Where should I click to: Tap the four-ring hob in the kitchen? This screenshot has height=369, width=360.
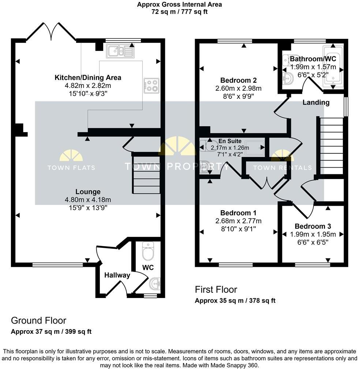coord(151,86)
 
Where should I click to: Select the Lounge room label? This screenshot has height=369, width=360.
coord(88,191)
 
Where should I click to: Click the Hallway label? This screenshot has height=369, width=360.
coord(117,275)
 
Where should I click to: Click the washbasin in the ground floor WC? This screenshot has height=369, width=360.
coord(155,283)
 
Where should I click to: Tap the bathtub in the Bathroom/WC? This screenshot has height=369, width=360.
coord(333,67)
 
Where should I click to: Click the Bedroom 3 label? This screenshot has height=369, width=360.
coord(313,226)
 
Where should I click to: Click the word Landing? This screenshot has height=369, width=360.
coord(316,102)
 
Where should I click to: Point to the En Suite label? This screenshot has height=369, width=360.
coord(230,141)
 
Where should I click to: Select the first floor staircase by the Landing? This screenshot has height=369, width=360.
coord(331,146)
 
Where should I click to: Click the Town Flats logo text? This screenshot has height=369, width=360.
coord(71,168)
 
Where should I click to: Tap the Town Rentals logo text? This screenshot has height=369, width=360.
coord(282,168)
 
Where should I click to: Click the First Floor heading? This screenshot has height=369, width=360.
coord(216,290)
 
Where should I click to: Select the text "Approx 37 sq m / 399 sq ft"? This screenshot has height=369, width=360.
coord(51,332)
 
